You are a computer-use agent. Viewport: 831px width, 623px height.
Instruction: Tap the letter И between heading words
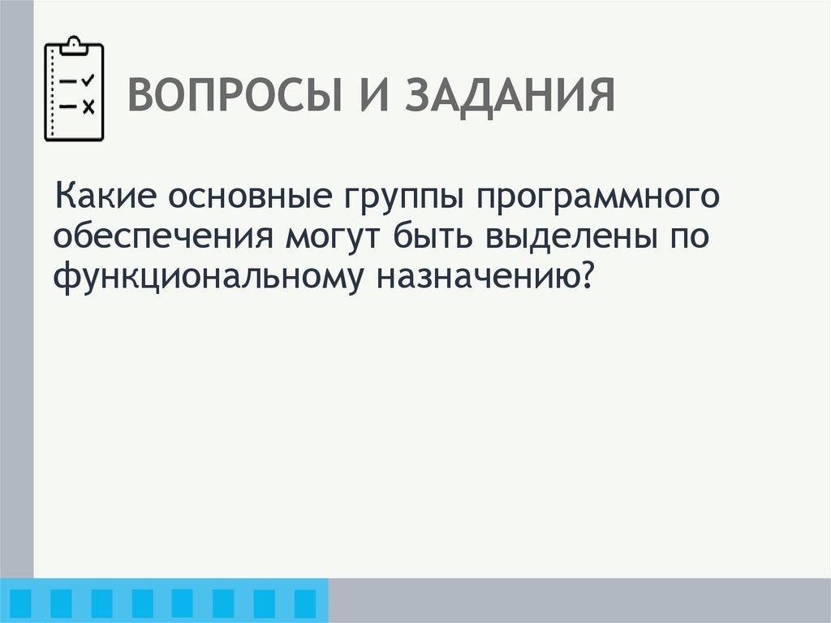[375, 97]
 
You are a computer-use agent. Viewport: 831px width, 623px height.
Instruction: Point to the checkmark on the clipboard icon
[88, 80]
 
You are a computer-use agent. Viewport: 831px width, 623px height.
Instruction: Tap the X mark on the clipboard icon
[88, 106]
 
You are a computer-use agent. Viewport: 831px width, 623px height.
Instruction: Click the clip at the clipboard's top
[73, 44]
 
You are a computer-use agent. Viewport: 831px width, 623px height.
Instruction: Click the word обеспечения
[162, 237]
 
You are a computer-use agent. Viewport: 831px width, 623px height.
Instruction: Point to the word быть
[433, 237]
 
